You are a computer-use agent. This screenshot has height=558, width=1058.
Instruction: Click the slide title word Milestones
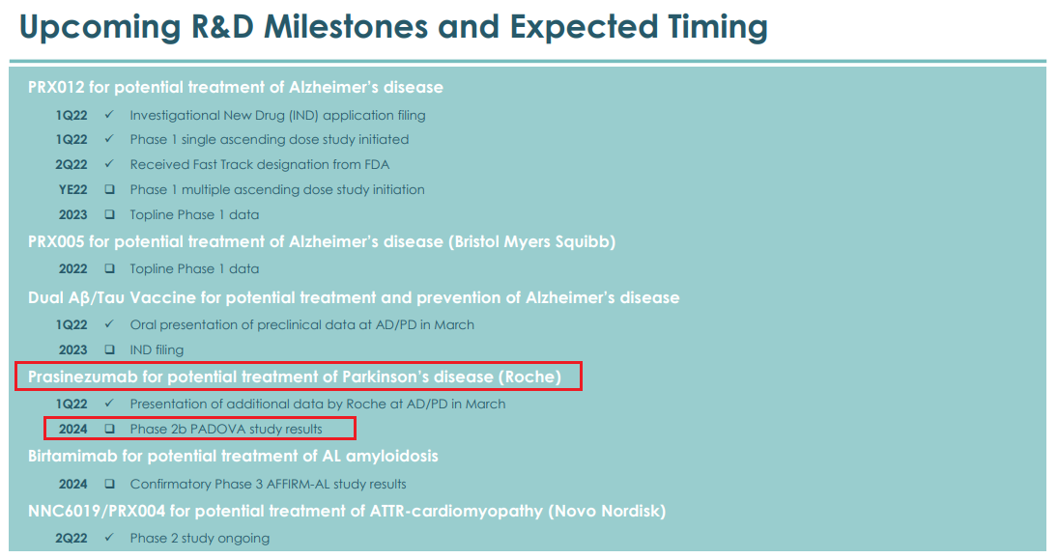click(x=346, y=27)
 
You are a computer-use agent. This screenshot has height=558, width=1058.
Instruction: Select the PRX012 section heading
click(x=236, y=88)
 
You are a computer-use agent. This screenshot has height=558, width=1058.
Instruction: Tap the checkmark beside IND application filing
click(x=109, y=115)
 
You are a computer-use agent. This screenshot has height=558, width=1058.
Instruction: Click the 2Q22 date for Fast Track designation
click(x=71, y=164)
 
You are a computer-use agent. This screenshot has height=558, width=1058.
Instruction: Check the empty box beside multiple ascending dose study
click(x=109, y=190)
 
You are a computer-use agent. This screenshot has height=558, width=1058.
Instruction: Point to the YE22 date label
click(x=72, y=190)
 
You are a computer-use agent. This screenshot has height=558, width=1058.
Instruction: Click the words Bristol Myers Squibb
click(x=531, y=242)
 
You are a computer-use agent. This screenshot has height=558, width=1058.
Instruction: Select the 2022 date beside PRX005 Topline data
click(x=72, y=269)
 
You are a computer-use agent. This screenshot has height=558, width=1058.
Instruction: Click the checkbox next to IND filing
click(x=109, y=349)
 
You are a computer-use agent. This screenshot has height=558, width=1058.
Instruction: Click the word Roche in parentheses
click(x=529, y=377)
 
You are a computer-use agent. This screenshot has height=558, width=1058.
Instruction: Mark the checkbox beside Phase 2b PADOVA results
click(x=109, y=429)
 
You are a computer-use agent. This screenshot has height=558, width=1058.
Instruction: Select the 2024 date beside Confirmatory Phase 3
click(x=72, y=485)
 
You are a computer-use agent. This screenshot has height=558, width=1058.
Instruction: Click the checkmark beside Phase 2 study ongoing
click(x=109, y=538)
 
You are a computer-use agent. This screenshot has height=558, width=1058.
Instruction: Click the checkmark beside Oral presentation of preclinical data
click(x=109, y=324)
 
